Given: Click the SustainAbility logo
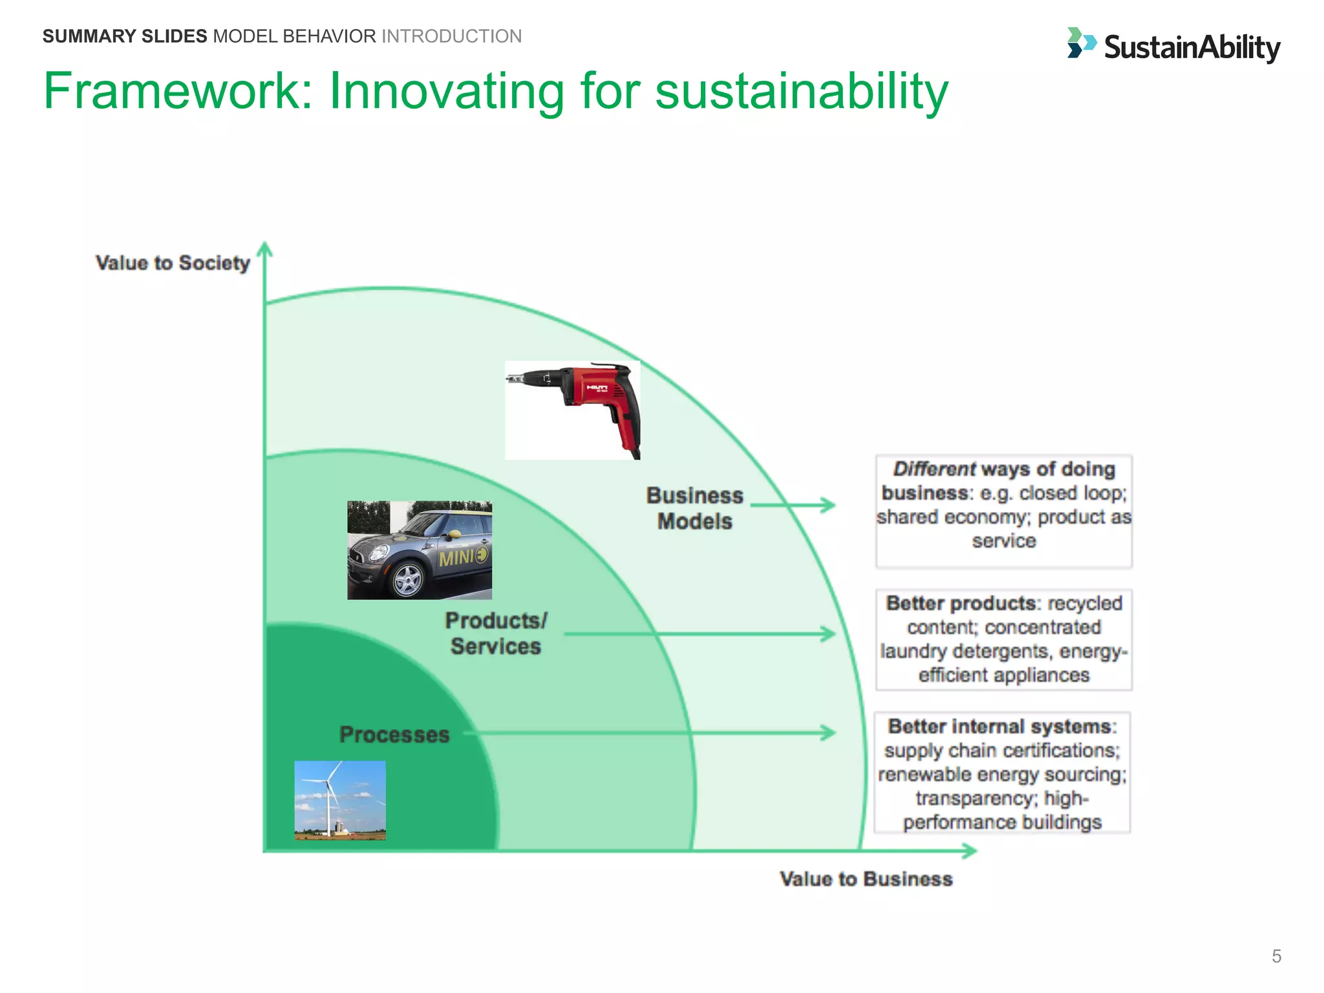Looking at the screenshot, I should (1173, 47).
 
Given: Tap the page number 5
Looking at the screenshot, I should (1276, 956).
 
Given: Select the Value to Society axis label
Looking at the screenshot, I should (173, 263).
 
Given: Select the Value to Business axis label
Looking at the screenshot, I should (866, 879).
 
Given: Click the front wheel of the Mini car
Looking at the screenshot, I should (408, 579).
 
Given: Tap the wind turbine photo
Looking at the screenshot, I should (340, 800).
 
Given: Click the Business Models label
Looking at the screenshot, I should (695, 508).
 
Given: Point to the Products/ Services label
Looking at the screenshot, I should (496, 634).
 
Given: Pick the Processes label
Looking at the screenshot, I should (394, 735).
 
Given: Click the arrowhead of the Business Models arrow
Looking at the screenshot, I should (828, 504).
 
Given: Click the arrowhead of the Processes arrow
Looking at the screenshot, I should (829, 732).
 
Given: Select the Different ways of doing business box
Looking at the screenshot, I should (1003, 511).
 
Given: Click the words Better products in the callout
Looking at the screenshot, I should (961, 603).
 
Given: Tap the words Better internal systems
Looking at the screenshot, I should (999, 727).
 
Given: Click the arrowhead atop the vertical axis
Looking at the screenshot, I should (264, 249).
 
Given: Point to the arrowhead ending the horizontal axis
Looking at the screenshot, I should (970, 851).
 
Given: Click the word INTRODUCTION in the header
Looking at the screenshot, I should (451, 36).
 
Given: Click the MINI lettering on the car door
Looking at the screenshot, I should (456, 557).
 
